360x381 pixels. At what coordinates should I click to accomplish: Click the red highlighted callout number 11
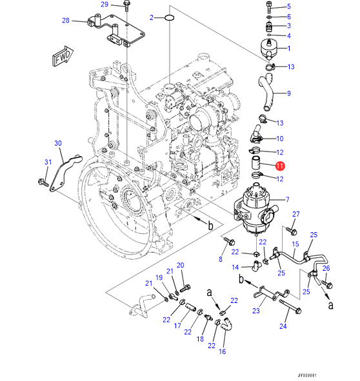(x=280, y=166)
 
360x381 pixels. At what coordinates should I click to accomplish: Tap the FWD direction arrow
(x=63, y=56)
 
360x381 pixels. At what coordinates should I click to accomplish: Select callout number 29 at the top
(x=105, y=5)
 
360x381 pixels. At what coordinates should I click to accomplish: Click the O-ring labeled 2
(x=170, y=18)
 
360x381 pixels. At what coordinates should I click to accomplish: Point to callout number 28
(x=66, y=21)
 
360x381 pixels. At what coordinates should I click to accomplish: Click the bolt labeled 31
(x=43, y=182)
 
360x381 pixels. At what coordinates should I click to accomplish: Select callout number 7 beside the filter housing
(x=288, y=199)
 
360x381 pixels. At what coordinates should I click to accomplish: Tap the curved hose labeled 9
(x=268, y=92)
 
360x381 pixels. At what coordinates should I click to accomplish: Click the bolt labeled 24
(x=290, y=306)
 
